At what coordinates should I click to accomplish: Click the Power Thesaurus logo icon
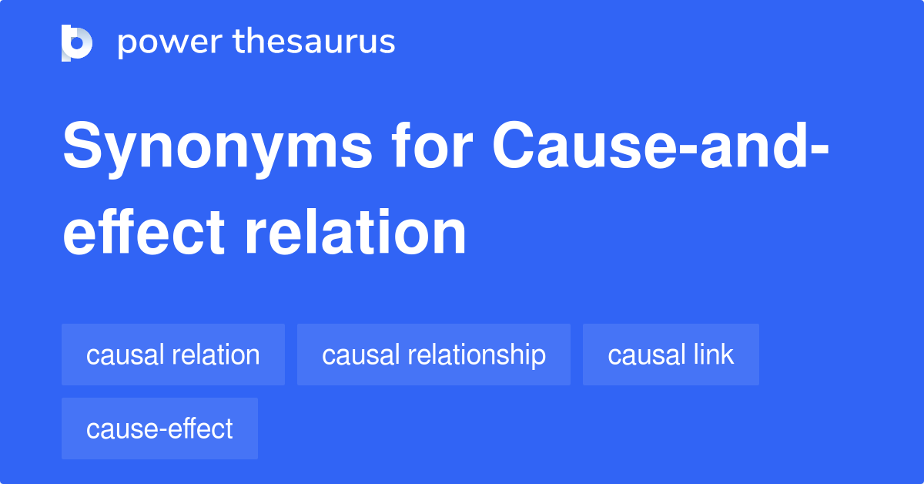click(77, 42)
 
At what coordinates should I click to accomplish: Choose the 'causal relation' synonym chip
click(173, 355)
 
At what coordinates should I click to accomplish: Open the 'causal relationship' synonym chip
click(434, 355)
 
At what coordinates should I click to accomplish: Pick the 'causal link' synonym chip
click(671, 355)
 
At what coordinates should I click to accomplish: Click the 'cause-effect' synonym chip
click(159, 429)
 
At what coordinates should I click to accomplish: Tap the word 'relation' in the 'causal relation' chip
click(217, 355)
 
